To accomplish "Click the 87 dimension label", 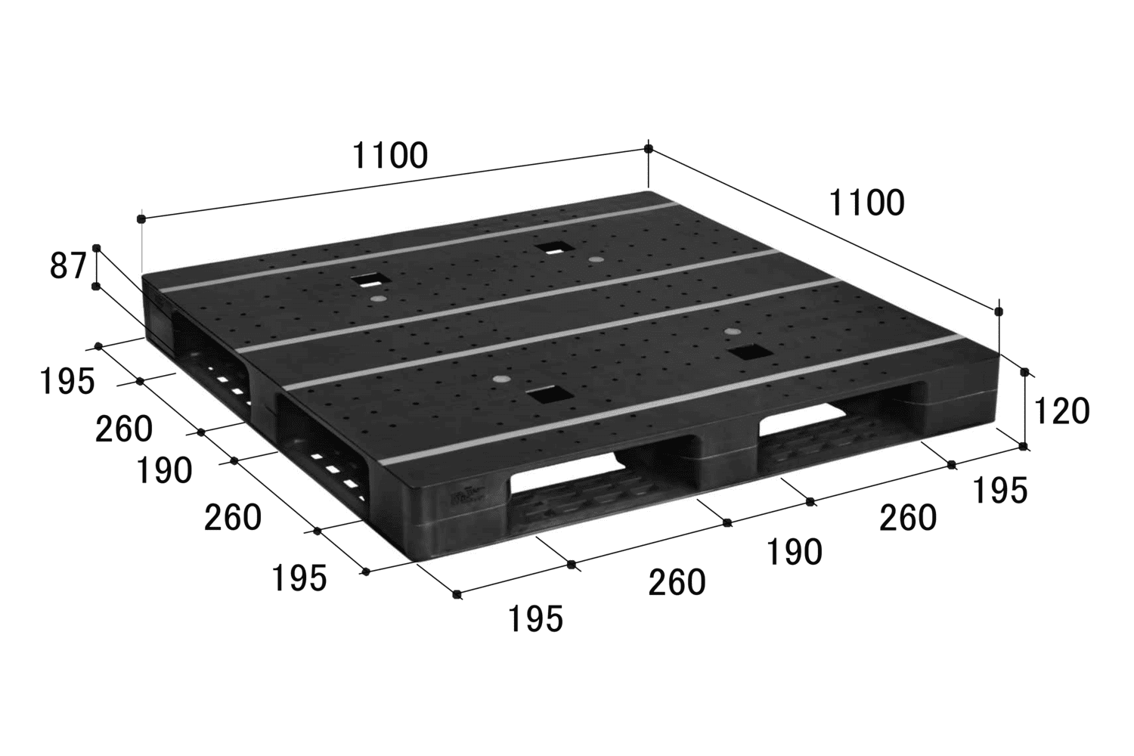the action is pos(68,266).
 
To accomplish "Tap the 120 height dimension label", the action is pos(1061,411).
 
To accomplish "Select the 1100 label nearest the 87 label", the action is pos(390,156).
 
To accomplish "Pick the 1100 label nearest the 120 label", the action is pos(866,203).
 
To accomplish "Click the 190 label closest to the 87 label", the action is pos(165,470).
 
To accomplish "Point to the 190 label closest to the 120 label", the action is pos(795,553).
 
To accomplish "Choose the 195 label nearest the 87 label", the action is pos(67,382).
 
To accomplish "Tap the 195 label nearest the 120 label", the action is pos(1000,491).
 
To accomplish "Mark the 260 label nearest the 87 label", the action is pos(124,429).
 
